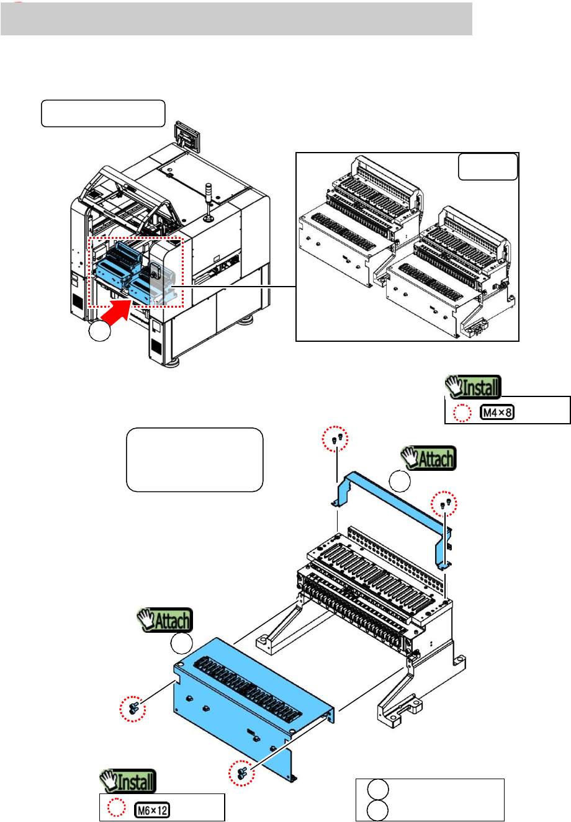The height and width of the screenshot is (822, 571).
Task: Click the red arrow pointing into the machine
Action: coord(115,312)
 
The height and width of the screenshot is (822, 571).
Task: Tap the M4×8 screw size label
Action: coord(497,413)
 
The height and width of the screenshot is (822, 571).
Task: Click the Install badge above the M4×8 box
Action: coord(473,386)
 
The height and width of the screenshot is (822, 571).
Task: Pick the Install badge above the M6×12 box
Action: coord(128,781)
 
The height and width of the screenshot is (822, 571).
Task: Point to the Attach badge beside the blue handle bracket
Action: coord(428,458)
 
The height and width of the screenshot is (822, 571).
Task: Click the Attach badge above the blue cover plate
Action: coord(165,620)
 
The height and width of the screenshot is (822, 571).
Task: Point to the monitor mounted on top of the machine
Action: coord(187,136)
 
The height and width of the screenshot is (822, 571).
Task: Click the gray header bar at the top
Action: coord(236,19)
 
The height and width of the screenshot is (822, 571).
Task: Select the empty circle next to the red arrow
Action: coord(99,331)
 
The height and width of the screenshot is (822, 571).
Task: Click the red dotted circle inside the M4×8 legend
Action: coord(462,413)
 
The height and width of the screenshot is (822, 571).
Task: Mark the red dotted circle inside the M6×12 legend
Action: coord(117,808)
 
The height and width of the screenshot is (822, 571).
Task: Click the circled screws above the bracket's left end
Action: coord(335,439)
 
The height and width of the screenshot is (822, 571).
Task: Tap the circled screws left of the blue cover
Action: coord(133,708)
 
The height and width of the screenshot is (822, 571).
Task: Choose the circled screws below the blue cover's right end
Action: coord(241,773)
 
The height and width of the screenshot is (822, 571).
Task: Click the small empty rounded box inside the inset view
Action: coord(488,167)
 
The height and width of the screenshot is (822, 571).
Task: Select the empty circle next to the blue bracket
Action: coord(400,481)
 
